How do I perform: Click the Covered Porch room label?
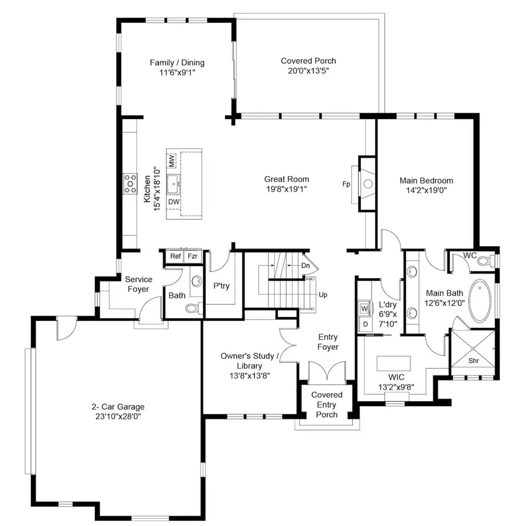308,61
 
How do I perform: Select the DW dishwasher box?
172,202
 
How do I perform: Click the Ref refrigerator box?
175,256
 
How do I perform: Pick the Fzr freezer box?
193,256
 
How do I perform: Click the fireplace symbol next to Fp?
367,184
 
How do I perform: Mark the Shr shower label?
473,361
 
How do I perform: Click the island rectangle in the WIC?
393,364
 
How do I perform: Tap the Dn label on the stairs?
306,266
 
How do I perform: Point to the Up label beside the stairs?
323,295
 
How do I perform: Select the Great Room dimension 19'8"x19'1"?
286,189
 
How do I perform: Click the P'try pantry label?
221,286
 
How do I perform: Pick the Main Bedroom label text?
426,181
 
